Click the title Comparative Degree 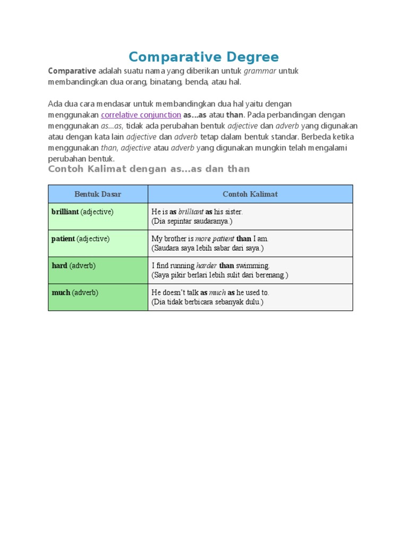pyautogui.click(x=203, y=57)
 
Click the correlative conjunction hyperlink pyautogui.click(x=141, y=115)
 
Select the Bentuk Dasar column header pyautogui.click(x=98, y=194)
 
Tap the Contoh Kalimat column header pyautogui.click(x=250, y=194)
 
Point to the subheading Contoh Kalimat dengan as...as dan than pyautogui.click(x=149, y=169)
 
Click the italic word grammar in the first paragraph pyautogui.click(x=260, y=71)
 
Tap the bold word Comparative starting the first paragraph pyautogui.click(x=72, y=71)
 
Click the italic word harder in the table pyautogui.click(x=206, y=266)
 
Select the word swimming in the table pyautogui.click(x=253, y=266)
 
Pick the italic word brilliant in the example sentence pyautogui.click(x=191, y=212)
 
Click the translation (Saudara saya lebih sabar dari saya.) pyautogui.click(x=207, y=248)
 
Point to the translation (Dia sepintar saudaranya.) pyautogui.click(x=192, y=221)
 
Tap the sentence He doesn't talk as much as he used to pyautogui.click(x=210, y=293)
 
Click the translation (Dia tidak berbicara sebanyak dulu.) pyautogui.click(x=207, y=302)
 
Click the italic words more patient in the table pyautogui.click(x=215, y=239)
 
